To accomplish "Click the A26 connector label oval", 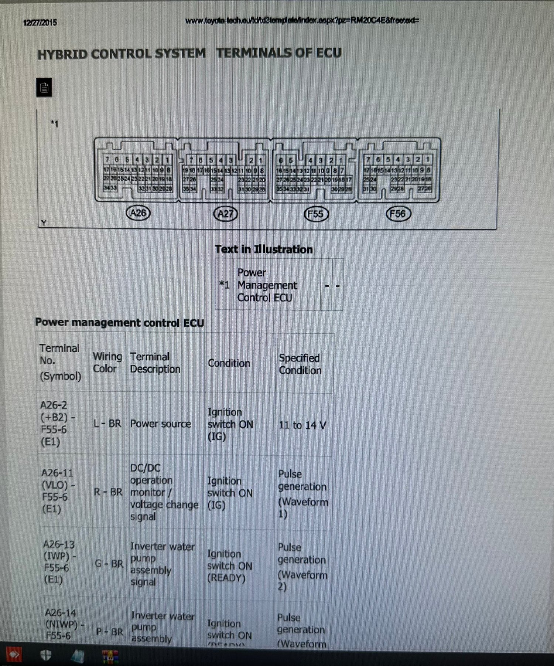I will coord(138,213).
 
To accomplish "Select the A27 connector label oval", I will coord(226,214).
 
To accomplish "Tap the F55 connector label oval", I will coord(316,214).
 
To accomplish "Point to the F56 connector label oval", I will coord(398,214).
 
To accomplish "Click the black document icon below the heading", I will coord(44,88).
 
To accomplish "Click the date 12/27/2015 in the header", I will coord(40,23).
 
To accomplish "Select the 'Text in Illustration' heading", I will coord(264,249).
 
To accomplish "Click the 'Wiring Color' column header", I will coord(107,363).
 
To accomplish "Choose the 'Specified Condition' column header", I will coord(300,364).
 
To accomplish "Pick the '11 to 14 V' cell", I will coord(302,425).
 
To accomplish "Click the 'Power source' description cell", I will coord(160,424).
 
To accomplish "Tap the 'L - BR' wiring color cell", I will coord(107,424).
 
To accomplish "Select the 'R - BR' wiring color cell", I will coord(108,492).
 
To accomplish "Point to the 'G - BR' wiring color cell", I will coord(109,564).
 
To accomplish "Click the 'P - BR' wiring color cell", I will coord(109,632).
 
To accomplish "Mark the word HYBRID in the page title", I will coord(63,54).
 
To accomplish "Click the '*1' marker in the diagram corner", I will coord(55,124).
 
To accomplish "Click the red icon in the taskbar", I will coord(13,655).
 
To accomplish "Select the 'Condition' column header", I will coord(229,363).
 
